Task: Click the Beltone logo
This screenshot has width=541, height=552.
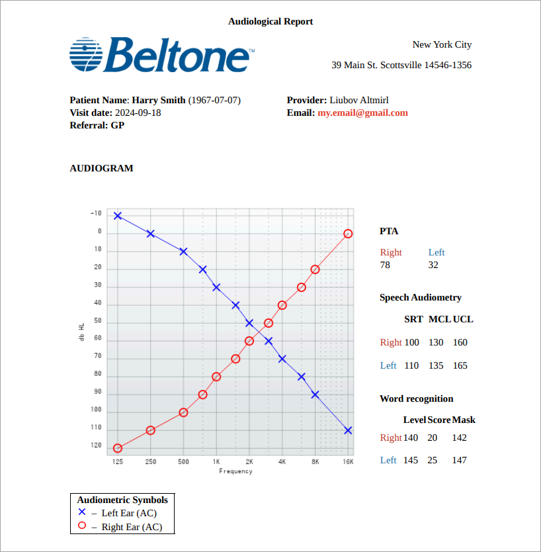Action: click(x=162, y=54)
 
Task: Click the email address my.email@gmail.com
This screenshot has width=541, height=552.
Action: click(x=362, y=113)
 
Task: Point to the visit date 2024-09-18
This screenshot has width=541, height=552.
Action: click(x=138, y=113)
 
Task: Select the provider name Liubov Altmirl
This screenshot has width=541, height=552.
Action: click(x=358, y=100)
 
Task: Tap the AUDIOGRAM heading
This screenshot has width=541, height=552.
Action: click(x=101, y=168)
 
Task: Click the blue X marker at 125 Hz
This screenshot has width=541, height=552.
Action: click(x=118, y=216)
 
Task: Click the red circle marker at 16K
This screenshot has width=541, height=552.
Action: click(x=348, y=234)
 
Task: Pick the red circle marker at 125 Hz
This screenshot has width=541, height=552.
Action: click(x=118, y=448)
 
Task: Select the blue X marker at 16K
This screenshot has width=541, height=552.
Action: click(x=348, y=430)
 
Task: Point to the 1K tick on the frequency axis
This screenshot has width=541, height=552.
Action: click(x=216, y=461)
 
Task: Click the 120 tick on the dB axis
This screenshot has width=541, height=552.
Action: click(x=96, y=445)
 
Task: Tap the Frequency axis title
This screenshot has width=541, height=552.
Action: click(x=235, y=471)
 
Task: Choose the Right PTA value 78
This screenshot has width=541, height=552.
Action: click(x=385, y=265)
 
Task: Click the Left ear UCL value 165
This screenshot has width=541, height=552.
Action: click(x=460, y=365)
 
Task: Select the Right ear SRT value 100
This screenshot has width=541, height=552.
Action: click(x=411, y=342)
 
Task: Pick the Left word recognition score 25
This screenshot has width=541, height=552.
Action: click(x=433, y=460)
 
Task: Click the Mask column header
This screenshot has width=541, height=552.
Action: click(x=464, y=420)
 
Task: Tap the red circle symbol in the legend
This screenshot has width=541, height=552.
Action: click(x=82, y=526)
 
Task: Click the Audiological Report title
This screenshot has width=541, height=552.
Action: click(x=270, y=21)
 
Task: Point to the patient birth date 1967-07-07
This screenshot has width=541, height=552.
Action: click(x=214, y=100)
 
